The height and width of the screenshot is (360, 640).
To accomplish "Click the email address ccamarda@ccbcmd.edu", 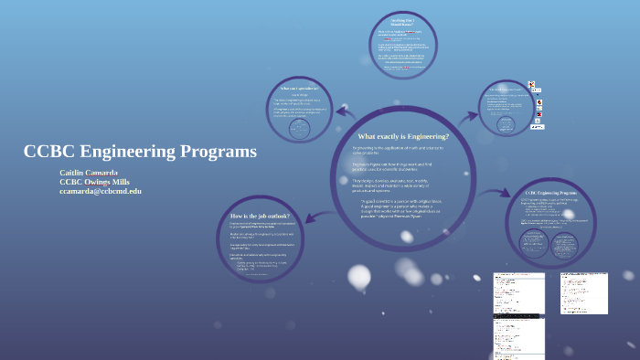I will click(x=101, y=191).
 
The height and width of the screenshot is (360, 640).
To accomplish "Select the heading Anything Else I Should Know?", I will click(x=395, y=23).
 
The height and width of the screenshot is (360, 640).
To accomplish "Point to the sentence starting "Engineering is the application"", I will click(x=398, y=150).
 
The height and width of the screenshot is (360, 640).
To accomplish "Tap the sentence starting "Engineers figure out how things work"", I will click(x=398, y=167).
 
